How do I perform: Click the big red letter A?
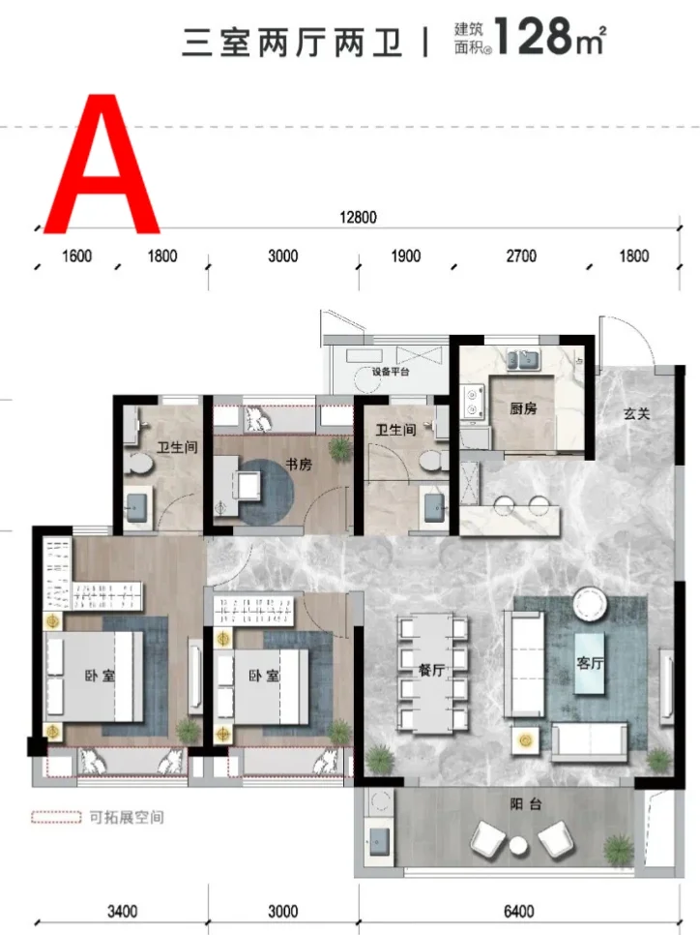click(102, 164)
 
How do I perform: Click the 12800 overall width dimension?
click(358, 217)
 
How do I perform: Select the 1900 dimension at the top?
click(406, 256)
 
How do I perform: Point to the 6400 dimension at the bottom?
click(518, 911)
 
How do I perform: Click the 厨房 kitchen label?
click(523, 408)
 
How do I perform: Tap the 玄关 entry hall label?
click(636, 413)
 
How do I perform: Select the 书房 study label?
click(299, 464)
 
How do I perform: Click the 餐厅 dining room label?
click(432, 670)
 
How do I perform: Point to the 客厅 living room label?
click(590, 662)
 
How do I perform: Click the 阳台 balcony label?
click(525, 804)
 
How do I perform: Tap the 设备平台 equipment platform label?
click(391, 372)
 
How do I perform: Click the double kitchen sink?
click(522, 360)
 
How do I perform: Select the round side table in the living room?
click(590, 603)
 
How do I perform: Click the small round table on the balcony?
click(518, 844)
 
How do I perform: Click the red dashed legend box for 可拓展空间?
click(56, 817)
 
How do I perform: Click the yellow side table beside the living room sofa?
click(525, 740)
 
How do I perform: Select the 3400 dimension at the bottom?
click(122, 911)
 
